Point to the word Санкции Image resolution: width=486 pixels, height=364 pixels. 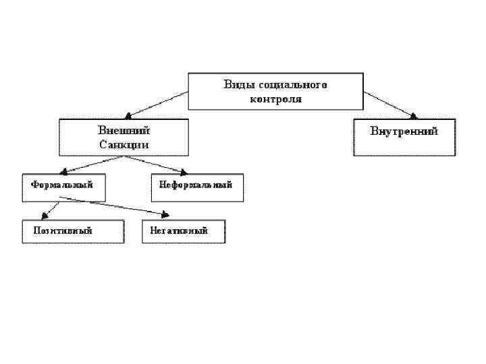(x=124, y=144)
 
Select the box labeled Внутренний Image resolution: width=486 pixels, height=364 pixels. (x=404, y=137)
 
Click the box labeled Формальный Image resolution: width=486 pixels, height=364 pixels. (x=63, y=187)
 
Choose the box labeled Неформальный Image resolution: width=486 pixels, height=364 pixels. (x=196, y=187)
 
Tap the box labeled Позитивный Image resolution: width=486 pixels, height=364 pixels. (x=73, y=231)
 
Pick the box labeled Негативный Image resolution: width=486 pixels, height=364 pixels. (x=183, y=231)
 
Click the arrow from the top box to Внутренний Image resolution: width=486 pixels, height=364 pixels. (x=391, y=104)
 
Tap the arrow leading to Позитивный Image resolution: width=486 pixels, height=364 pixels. (x=51, y=208)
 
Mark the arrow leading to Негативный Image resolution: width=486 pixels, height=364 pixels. (x=115, y=206)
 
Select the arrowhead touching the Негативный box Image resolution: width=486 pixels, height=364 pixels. (x=164, y=215)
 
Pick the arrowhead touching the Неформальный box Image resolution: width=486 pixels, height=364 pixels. (x=182, y=172)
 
